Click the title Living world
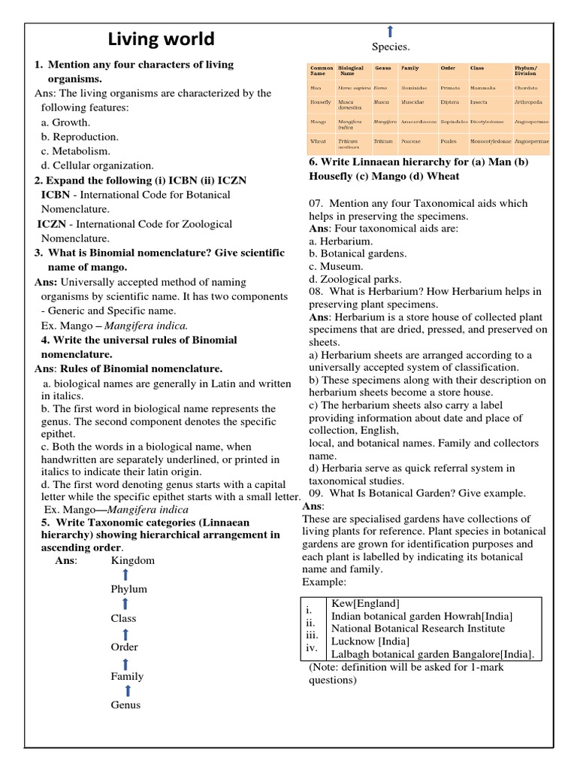(x=162, y=39)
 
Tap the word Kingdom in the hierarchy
(x=133, y=560)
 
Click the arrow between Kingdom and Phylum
(x=125, y=575)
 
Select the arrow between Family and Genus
(x=128, y=690)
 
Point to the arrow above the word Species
(x=390, y=31)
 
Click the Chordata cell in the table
(x=527, y=88)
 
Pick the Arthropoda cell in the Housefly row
(x=527, y=102)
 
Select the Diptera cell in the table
(x=450, y=102)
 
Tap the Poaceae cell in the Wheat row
(x=411, y=141)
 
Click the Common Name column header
(x=322, y=71)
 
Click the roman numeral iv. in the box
(x=312, y=647)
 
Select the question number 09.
(x=316, y=493)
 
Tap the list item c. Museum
(x=336, y=267)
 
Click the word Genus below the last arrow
(x=125, y=705)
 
